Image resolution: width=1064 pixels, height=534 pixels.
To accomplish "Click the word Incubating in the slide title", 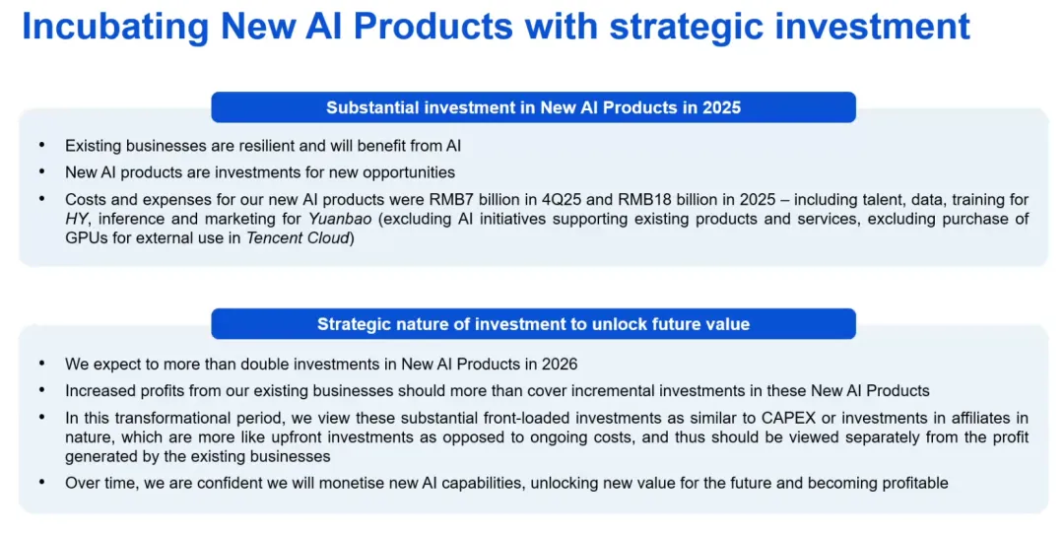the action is [x=115, y=28].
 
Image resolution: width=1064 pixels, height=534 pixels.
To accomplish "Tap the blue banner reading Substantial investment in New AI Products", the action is [x=533, y=107].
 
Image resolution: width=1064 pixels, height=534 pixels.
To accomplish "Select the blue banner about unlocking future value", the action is [x=533, y=324].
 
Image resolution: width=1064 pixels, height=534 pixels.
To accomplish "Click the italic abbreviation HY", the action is [x=76, y=219].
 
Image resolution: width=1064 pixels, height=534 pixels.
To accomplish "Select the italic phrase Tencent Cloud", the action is [x=298, y=238].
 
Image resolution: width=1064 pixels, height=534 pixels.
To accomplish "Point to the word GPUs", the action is [x=83, y=238].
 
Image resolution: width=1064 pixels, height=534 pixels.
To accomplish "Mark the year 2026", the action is [x=560, y=365].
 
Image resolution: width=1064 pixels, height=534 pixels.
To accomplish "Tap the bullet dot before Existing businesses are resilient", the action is [x=42, y=145].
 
